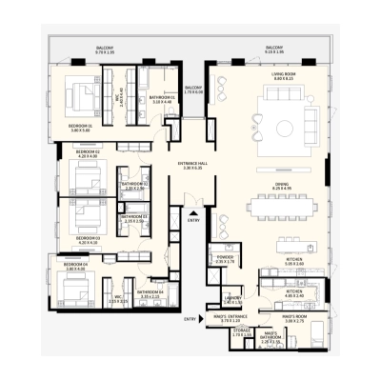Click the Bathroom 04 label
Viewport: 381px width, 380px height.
[150, 293]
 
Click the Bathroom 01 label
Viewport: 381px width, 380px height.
[161, 98]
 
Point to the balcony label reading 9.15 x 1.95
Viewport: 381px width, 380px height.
[274, 49]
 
